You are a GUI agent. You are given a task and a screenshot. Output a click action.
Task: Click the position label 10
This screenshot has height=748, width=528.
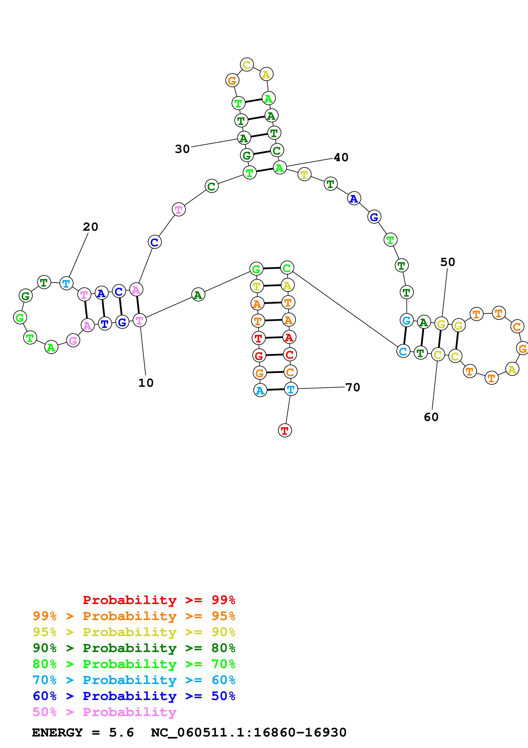(146, 383)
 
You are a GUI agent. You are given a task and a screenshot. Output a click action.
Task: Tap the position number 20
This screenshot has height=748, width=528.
(91, 227)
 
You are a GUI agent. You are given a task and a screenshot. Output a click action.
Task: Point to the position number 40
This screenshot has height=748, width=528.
(341, 158)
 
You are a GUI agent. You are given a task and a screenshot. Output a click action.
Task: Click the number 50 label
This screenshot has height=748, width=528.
(448, 262)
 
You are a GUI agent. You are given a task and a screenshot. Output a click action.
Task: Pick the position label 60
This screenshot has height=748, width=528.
(431, 417)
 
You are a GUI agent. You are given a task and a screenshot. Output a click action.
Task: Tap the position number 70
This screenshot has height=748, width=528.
(353, 387)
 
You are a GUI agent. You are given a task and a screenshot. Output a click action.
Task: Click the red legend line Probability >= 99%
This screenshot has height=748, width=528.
(159, 600)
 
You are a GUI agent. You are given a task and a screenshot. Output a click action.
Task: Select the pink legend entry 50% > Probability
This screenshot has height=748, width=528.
(104, 712)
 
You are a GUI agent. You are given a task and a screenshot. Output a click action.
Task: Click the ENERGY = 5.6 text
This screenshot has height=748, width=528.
(83, 732)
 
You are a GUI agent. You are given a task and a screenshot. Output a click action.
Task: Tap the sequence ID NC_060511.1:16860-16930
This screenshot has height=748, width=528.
(249, 732)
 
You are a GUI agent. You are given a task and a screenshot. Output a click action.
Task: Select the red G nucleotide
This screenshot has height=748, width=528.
(259, 355)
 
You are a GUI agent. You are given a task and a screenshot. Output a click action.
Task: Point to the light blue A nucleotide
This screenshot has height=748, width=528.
(260, 390)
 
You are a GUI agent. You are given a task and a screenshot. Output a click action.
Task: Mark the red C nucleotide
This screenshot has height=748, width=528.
(289, 354)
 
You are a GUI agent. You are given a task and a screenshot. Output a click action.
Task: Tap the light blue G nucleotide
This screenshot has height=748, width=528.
(406, 320)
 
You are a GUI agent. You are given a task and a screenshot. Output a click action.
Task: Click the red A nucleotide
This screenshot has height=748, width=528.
(289, 337)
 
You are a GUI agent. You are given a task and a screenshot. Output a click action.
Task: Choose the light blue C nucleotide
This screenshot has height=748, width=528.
(403, 351)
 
